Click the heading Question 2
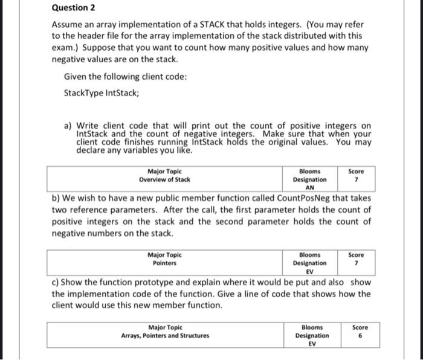(74, 8)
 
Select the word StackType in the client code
(82, 94)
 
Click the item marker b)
(56, 198)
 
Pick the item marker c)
(56, 282)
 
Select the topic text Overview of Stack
(164, 179)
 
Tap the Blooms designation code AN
(310, 187)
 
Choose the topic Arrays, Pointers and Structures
(165, 335)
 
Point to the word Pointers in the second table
(164, 263)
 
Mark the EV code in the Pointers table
(310, 271)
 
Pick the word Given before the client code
(74, 76)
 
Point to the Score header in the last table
(358, 327)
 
